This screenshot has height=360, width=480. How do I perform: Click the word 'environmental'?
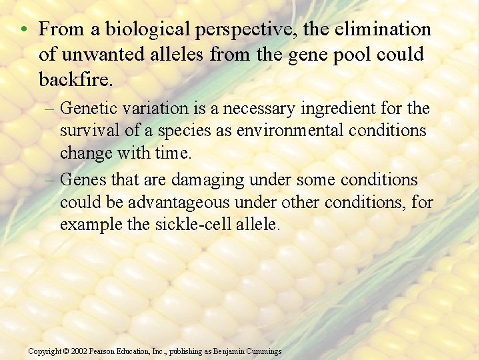coord(270,130)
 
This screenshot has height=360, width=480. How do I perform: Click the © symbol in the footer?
coord(65,351)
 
